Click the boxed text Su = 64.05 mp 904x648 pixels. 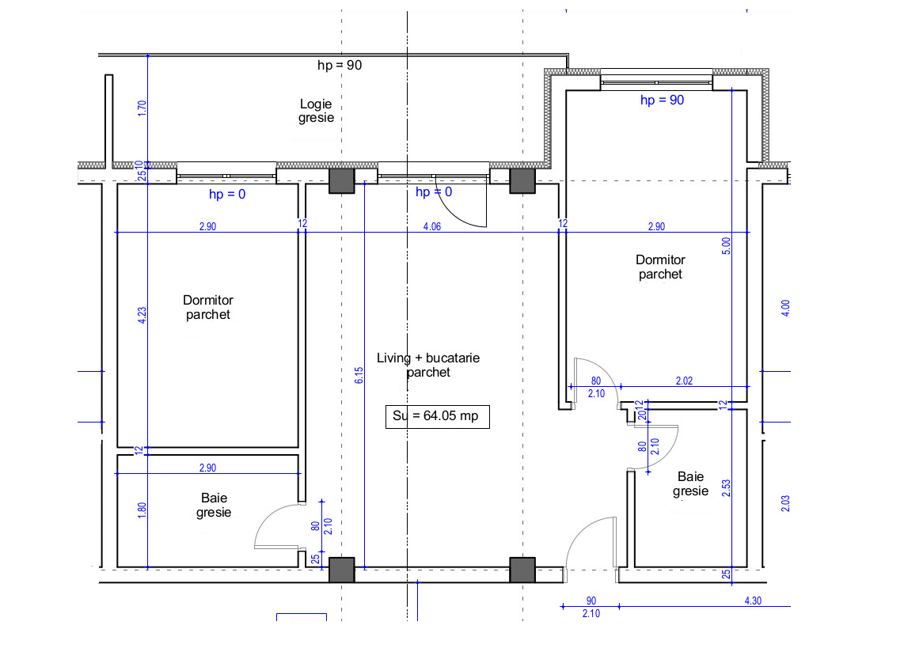pyautogui.click(x=437, y=416)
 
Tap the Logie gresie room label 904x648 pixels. pyautogui.click(x=316, y=111)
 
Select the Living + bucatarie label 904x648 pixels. pyautogui.click(x=428, y=365)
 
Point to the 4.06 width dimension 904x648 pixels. pyautogui.click(x=432, y=226)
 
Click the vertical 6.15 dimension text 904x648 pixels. pyautogui.click(x=359, y=376)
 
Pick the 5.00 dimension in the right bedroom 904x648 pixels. pyautogui.click(x=727, y=246)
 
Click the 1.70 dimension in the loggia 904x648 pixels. pyautogui.click(x=142, y=108)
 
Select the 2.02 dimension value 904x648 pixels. pyautogui.click(x=684, y=381)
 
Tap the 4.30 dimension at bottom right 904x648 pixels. pyautogui.click(x=753, y=601)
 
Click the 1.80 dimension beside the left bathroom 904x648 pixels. pyautogui.click(x=142, y=511)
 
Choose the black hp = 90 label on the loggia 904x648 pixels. pyautogui.click(x=340, y=66)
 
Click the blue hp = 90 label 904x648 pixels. pyautogui.click(x=662, y=100)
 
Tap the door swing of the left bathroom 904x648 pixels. pyautogui.click(x=273, y=526)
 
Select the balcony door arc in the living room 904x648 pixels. pyautogui.click(x=463, y=208)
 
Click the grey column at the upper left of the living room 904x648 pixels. pyautogui.click(x=342, y=181)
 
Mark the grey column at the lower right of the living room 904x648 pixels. pyautogui.click(x=522, y=570)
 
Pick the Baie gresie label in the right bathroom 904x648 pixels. pyautogui.click(x=690, y=484)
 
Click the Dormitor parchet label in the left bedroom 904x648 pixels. pyautogui.click(x=208, y=307)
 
